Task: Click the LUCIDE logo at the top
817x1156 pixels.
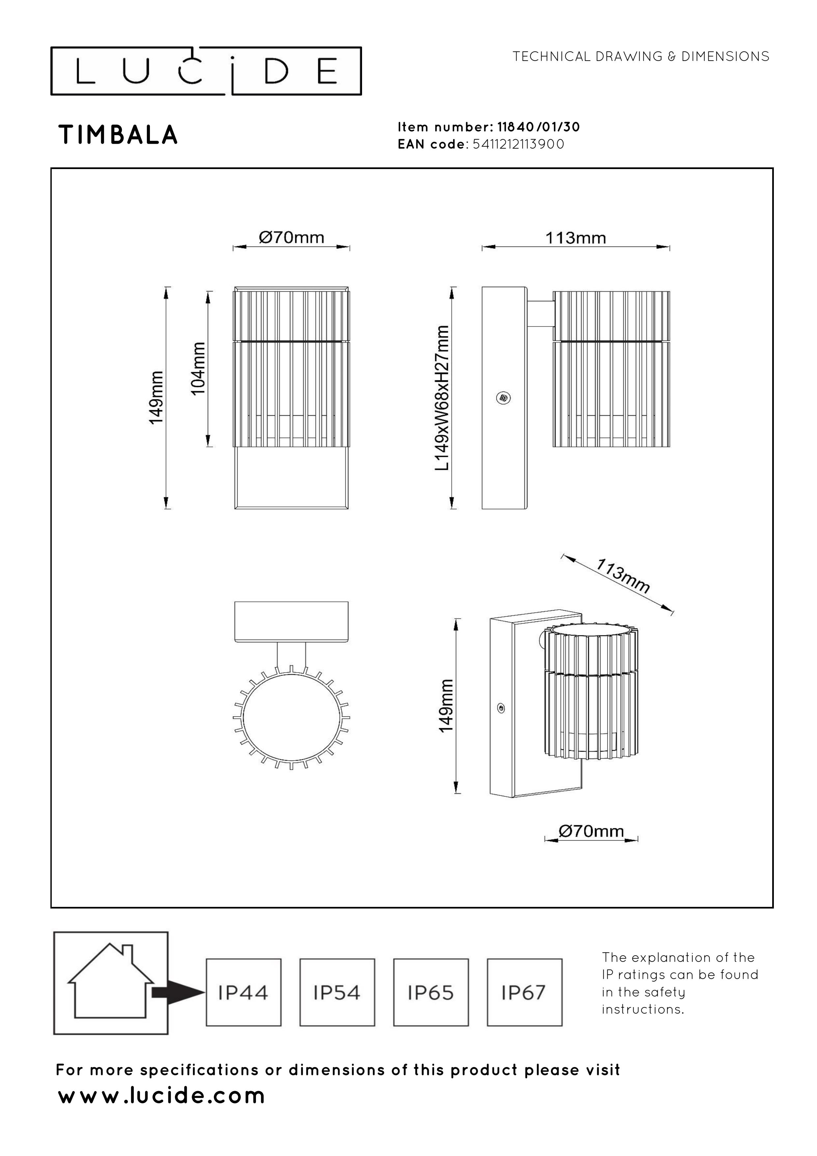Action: pos(206,71)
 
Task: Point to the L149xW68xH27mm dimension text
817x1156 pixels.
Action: pos(441,398)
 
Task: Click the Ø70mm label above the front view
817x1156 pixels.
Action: pos(292,237)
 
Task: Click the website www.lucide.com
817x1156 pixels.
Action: pos(161,1095)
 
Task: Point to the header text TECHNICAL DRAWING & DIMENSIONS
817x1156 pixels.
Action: pos(641,56)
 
